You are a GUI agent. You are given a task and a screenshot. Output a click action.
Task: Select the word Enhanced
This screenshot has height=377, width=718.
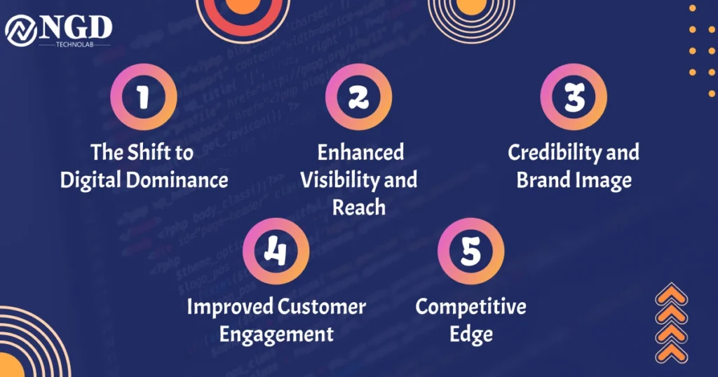pyautogui.click(x=361, y=152)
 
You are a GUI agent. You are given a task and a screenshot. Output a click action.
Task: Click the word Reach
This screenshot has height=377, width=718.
pyautogui.click(x=359, y=207)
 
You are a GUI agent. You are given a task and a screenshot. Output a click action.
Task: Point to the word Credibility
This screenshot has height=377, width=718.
pyautogui.click(x=555, y=152)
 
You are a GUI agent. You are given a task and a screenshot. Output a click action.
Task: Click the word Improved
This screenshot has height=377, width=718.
pyautogui.click(x=230, y=307)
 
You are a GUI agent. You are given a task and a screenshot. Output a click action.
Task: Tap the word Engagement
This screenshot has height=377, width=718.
pyautogui.click(x=276, y=334)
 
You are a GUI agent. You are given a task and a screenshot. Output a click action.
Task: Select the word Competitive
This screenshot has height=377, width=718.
pyautogui.click(x=470, y=307)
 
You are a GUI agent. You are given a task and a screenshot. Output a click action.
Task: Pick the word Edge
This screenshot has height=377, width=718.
pyautogui.click(x=471, y=334)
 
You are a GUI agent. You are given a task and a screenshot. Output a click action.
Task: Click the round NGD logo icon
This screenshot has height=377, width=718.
pyautogui.click(x=21, y=31)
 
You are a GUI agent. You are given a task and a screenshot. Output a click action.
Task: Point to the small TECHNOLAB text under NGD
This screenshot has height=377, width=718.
pyautogui.click(x=74, y=45)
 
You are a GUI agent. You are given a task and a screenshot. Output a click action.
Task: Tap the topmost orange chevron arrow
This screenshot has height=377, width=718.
pyautogui.click(x=672, y=294)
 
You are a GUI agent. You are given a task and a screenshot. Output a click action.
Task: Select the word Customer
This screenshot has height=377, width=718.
pyautogui.click(x=321, y=307)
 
